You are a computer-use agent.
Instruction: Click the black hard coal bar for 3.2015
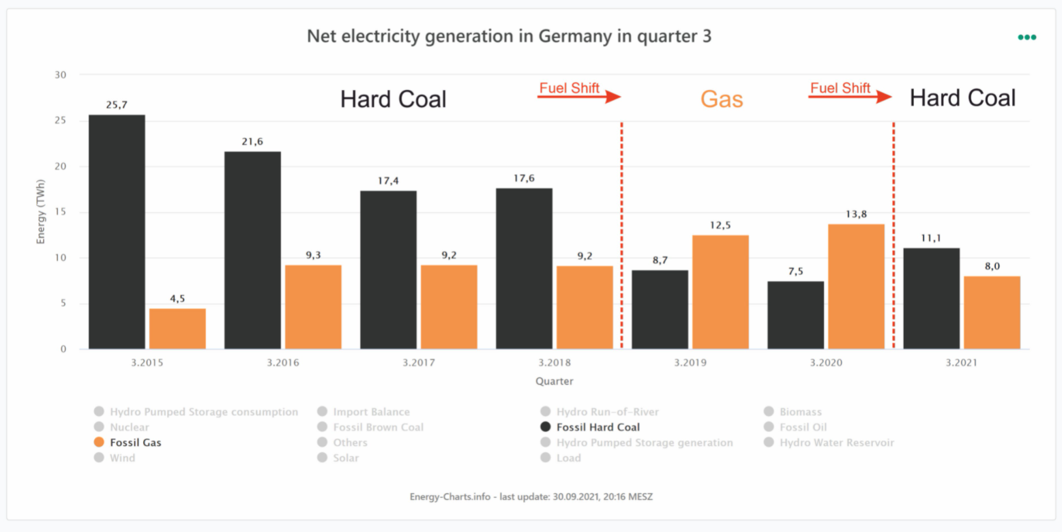[117, 232]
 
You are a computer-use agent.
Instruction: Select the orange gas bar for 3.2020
[855, 286]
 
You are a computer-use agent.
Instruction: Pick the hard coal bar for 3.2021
[931, 299]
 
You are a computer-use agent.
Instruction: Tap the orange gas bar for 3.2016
[313, 307]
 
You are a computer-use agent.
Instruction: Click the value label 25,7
[117, 105]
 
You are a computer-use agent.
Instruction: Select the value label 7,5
[795, 271]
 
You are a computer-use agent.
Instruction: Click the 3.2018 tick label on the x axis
[553, 363]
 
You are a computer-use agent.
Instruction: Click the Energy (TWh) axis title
[42, 211]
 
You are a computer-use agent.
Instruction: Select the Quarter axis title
[554, 381]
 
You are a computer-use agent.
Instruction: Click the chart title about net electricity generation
[509, 36]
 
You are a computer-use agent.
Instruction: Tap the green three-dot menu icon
[1027, 38]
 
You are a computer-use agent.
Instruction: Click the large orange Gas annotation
[722, 100]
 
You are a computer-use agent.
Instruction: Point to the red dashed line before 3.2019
[621, 232]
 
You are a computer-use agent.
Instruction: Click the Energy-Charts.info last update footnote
[531, 497]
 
